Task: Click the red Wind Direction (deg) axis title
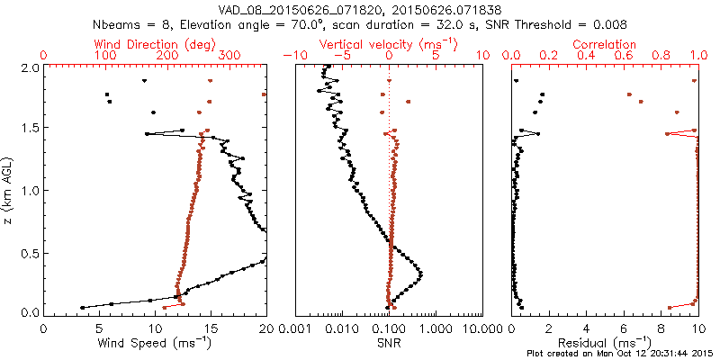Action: coord(156,44)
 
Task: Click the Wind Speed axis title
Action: coord(156,343)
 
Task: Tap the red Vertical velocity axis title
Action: coord(389,44)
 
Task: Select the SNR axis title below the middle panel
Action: coord(389,343)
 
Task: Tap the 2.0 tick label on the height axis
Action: coord(29,67)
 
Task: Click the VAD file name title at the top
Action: coord(359,9)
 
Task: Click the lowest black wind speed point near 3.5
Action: coord(83,307)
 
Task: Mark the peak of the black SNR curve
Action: coord(420,273)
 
